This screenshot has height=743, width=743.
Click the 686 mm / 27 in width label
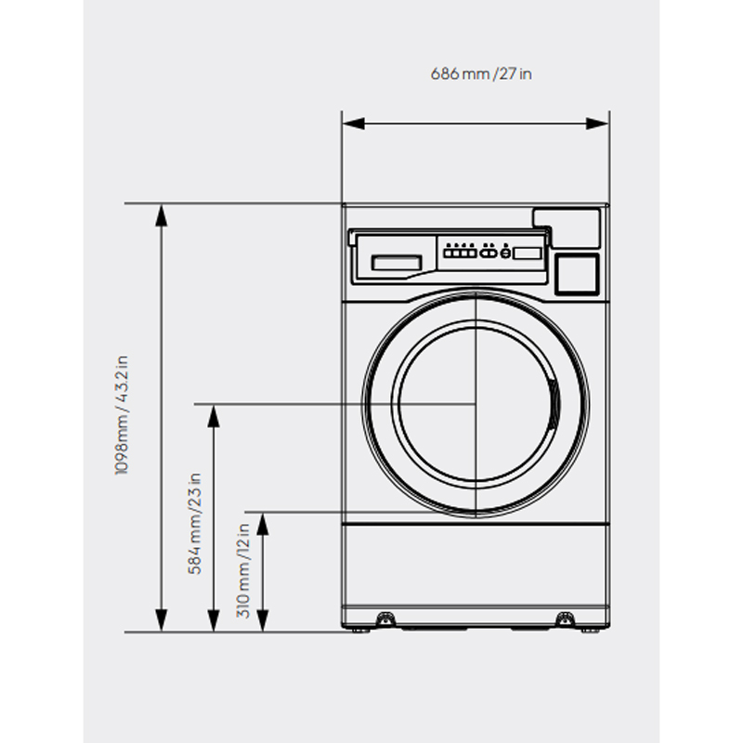coord(481,74)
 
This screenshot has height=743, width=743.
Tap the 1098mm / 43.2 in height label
coord(122,414)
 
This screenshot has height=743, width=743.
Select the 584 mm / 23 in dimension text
coord(195,524)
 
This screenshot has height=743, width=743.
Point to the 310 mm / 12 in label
coord(243,570)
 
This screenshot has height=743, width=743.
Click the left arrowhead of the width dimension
coord(354,124)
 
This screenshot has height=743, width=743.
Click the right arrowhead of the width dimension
coord(597,124)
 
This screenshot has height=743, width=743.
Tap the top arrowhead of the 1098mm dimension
coord(162,215)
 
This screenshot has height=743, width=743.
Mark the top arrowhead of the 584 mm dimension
coord(214,416)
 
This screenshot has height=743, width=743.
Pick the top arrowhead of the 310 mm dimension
coord(263,524)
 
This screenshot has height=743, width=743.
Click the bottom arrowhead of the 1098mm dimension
coord(162,620)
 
